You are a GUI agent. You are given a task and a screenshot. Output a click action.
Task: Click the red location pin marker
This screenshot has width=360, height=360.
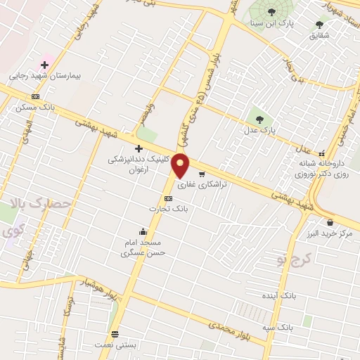[181, 165]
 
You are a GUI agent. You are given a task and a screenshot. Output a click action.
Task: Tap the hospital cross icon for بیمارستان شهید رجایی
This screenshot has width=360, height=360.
[44, 65]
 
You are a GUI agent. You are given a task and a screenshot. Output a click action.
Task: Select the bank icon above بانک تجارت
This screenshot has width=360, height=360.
[167, 198]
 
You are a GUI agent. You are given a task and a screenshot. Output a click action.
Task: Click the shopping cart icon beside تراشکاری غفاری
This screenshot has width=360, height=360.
[202, 174]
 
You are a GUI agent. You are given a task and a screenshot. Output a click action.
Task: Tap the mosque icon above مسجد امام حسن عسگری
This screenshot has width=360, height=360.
[143, 231]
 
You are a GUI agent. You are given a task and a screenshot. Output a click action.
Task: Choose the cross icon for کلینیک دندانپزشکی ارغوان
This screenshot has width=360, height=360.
[139, 148]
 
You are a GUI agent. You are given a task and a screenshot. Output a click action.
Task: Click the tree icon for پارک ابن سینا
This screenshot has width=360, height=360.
[272, 11]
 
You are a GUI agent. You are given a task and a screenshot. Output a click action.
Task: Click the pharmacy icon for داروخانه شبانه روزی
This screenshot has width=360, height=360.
[322, 153]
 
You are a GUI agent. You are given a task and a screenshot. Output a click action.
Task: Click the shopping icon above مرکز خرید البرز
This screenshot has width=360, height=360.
[330, 222]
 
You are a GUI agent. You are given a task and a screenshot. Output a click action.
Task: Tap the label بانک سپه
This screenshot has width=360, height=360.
[293, 328]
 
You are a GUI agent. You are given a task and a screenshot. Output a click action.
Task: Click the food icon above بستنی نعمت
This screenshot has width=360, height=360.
[115, 334]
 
